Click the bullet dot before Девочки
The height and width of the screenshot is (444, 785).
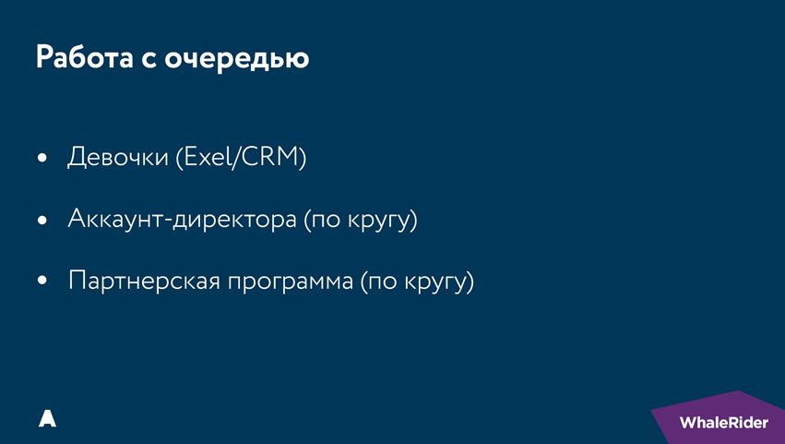coord(42,160)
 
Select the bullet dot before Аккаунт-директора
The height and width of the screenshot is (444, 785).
coord(42,222)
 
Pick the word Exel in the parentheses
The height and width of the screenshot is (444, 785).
coord(208,158)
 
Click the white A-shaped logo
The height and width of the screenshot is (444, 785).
coord(48,418)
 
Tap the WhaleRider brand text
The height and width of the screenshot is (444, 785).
coord(723,423)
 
